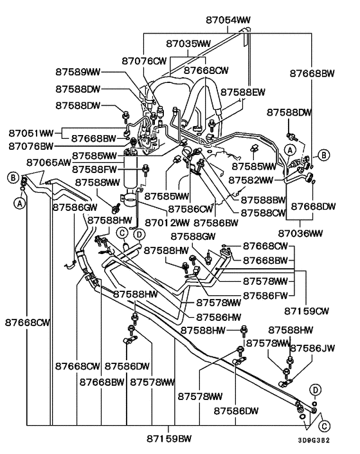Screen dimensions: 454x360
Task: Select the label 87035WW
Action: (188, 44)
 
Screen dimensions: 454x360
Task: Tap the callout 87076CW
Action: (144, 61)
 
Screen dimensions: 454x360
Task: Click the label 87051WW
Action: (30, 133)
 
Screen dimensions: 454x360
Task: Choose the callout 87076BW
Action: (30, 146)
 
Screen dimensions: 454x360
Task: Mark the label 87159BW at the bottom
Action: (169, 439)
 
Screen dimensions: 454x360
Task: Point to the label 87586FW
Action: (265, 295)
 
